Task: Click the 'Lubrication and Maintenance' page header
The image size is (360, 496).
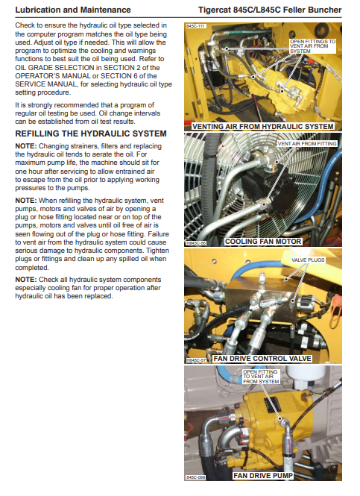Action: [73, 10]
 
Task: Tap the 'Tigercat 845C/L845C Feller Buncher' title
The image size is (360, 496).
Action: [270, 10]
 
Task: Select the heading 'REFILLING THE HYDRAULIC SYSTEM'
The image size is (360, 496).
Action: [91, 134]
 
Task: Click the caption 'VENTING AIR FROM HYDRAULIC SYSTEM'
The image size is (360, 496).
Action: [263, 127]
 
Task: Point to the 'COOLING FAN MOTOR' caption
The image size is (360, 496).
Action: [263, 242]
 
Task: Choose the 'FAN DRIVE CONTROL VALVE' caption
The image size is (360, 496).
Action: [262, 359]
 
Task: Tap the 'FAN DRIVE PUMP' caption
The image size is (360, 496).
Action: [263, 475]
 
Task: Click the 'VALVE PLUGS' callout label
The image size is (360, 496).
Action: [308, 260]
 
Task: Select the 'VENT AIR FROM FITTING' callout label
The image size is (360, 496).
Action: [307, 144]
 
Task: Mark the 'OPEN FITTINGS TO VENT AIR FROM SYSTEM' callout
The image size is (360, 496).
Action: [312, 46]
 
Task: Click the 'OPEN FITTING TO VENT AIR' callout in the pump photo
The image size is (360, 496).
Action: [261, 377]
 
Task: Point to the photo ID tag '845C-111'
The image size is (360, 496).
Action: [195, 26]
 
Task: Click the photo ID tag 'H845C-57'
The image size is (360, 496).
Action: [196, 360]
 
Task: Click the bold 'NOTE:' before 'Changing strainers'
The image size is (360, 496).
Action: [26, 146]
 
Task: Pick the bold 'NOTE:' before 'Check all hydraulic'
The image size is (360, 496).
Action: [26, 280]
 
